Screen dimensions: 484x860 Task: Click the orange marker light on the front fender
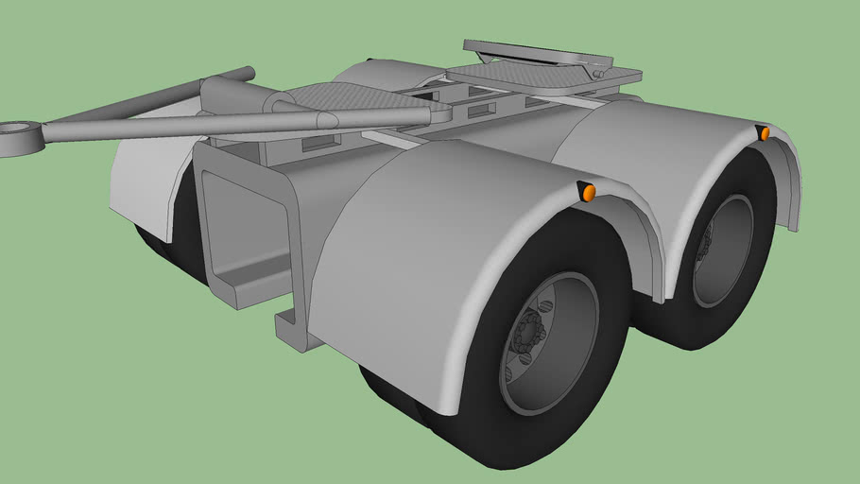588,193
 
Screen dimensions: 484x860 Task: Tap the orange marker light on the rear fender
764,133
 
